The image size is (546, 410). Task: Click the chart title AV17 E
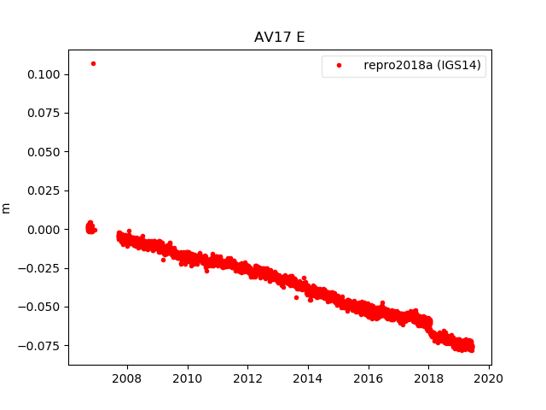[279, 38]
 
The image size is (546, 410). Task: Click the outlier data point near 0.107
[93, 63]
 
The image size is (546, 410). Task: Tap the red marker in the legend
[340, 66]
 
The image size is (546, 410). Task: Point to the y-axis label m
[7, 208]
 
